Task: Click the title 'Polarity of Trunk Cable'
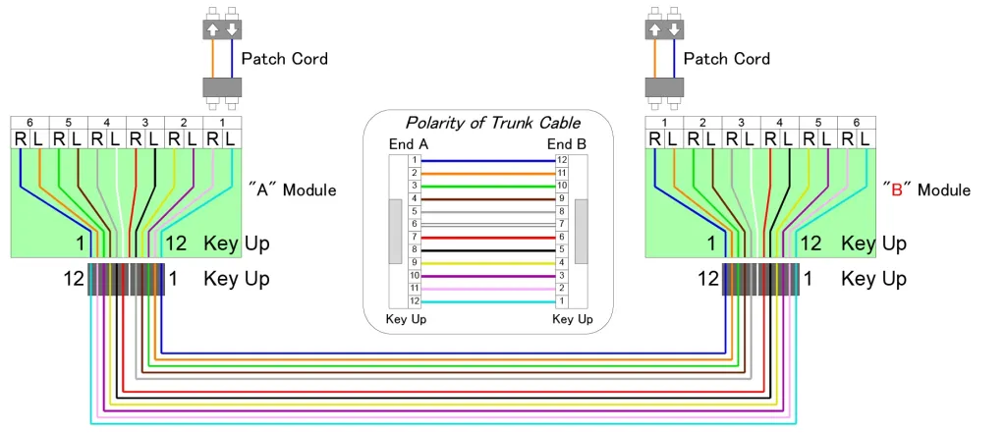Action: tap(492, 123)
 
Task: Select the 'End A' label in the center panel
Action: tap(408, 143)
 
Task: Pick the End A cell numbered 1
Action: tap(415, 160)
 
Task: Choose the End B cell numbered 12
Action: tap(562, 160)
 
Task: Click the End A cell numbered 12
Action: tap(415, 300)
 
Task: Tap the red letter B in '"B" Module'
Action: tap(895, 189)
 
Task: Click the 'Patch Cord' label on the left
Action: tap(285, 59)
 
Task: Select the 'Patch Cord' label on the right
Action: tap(727, 59)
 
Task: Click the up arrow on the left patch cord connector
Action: tap(213, 29)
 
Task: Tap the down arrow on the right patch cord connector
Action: tap(674, 29)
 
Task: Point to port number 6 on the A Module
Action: tap(29, 123)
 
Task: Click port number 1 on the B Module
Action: tap(664, 123)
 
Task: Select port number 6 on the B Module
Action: tap(856, 123)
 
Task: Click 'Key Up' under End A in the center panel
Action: tap(406, 319)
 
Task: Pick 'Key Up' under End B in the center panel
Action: tap(573, 319)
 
